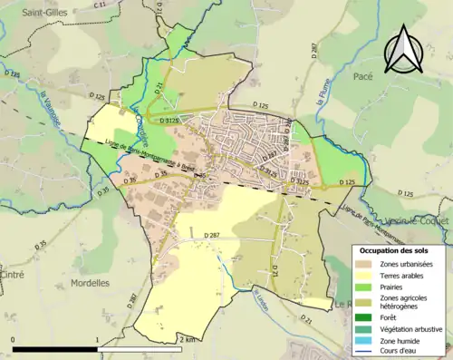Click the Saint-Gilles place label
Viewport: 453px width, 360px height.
(x=34, y=13)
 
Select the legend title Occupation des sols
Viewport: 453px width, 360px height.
(x=394, y=250)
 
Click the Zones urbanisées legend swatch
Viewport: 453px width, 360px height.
(x=366, y=263)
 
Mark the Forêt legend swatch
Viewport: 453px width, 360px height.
(x=366, y=317)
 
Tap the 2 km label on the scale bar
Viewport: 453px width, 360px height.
(x=188, y=339)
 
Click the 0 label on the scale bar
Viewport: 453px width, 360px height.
(x=14, y=339)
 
